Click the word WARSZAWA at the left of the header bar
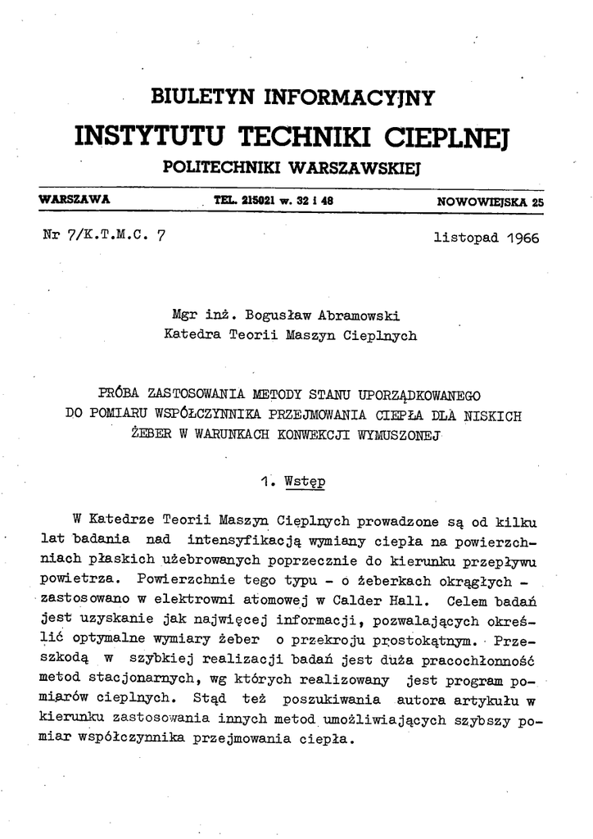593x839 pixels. [75, 199]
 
